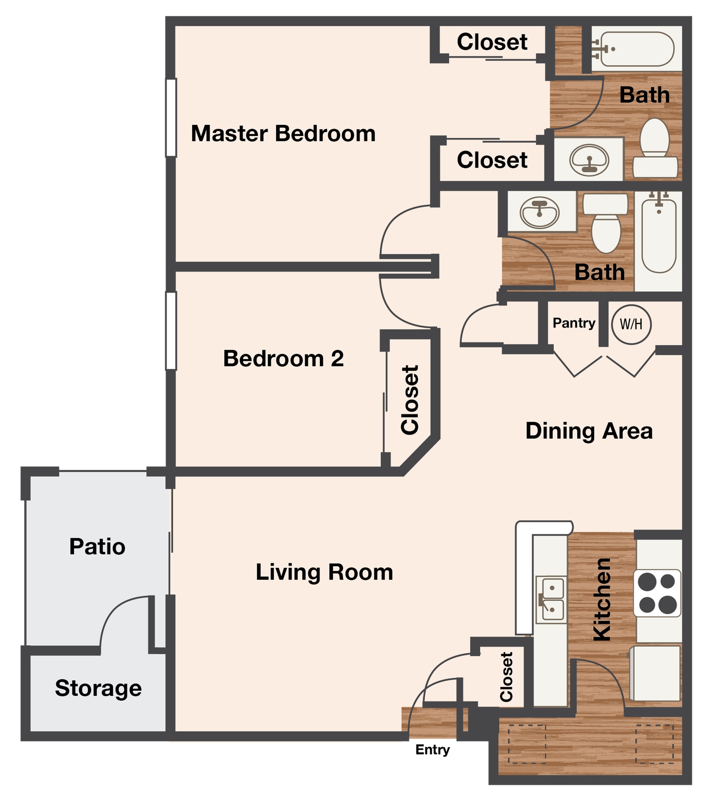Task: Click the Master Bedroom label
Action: coord(283,134)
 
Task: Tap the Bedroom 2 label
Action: coord(283,359)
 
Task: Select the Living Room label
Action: coord(324,573)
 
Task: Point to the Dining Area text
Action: coord(589,431)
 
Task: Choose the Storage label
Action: coord(98,688)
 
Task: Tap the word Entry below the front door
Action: coord(432,750)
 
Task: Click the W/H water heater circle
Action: coord(631,324)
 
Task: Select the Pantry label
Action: coord(574,323)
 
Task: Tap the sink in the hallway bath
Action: coord(539,212)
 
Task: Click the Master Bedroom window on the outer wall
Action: coord(171,118)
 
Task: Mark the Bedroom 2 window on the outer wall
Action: coord(171,331)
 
